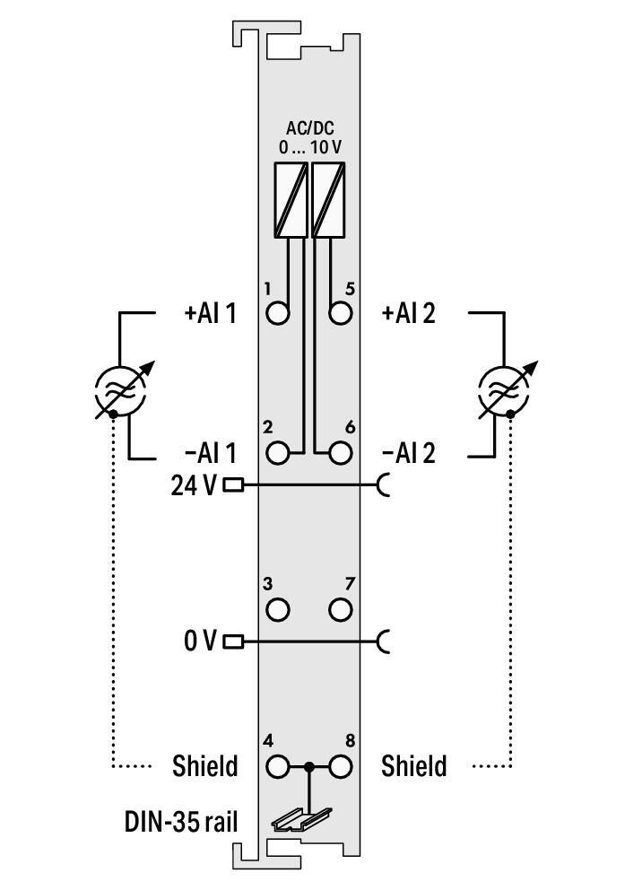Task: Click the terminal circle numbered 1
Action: pos(279,314)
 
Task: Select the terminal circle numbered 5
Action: pos(340,314)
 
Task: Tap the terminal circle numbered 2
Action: pos(279,452)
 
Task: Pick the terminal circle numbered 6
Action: pos(340,452)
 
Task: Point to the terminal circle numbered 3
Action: pos(279,610)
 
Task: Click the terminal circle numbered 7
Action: pos(340,610)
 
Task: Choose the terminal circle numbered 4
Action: pos(279,767)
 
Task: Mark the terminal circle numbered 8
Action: pos(340,767)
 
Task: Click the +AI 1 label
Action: pos(210,314)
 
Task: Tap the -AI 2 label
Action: pos(408,453)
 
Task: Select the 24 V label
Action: pos(194,485)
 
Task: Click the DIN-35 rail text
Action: pos(181,820)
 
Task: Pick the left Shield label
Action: pos(205,767)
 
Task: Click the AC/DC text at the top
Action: pos(309,128)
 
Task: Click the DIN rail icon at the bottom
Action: pos(302,818)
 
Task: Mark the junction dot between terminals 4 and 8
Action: pos(309,767)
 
